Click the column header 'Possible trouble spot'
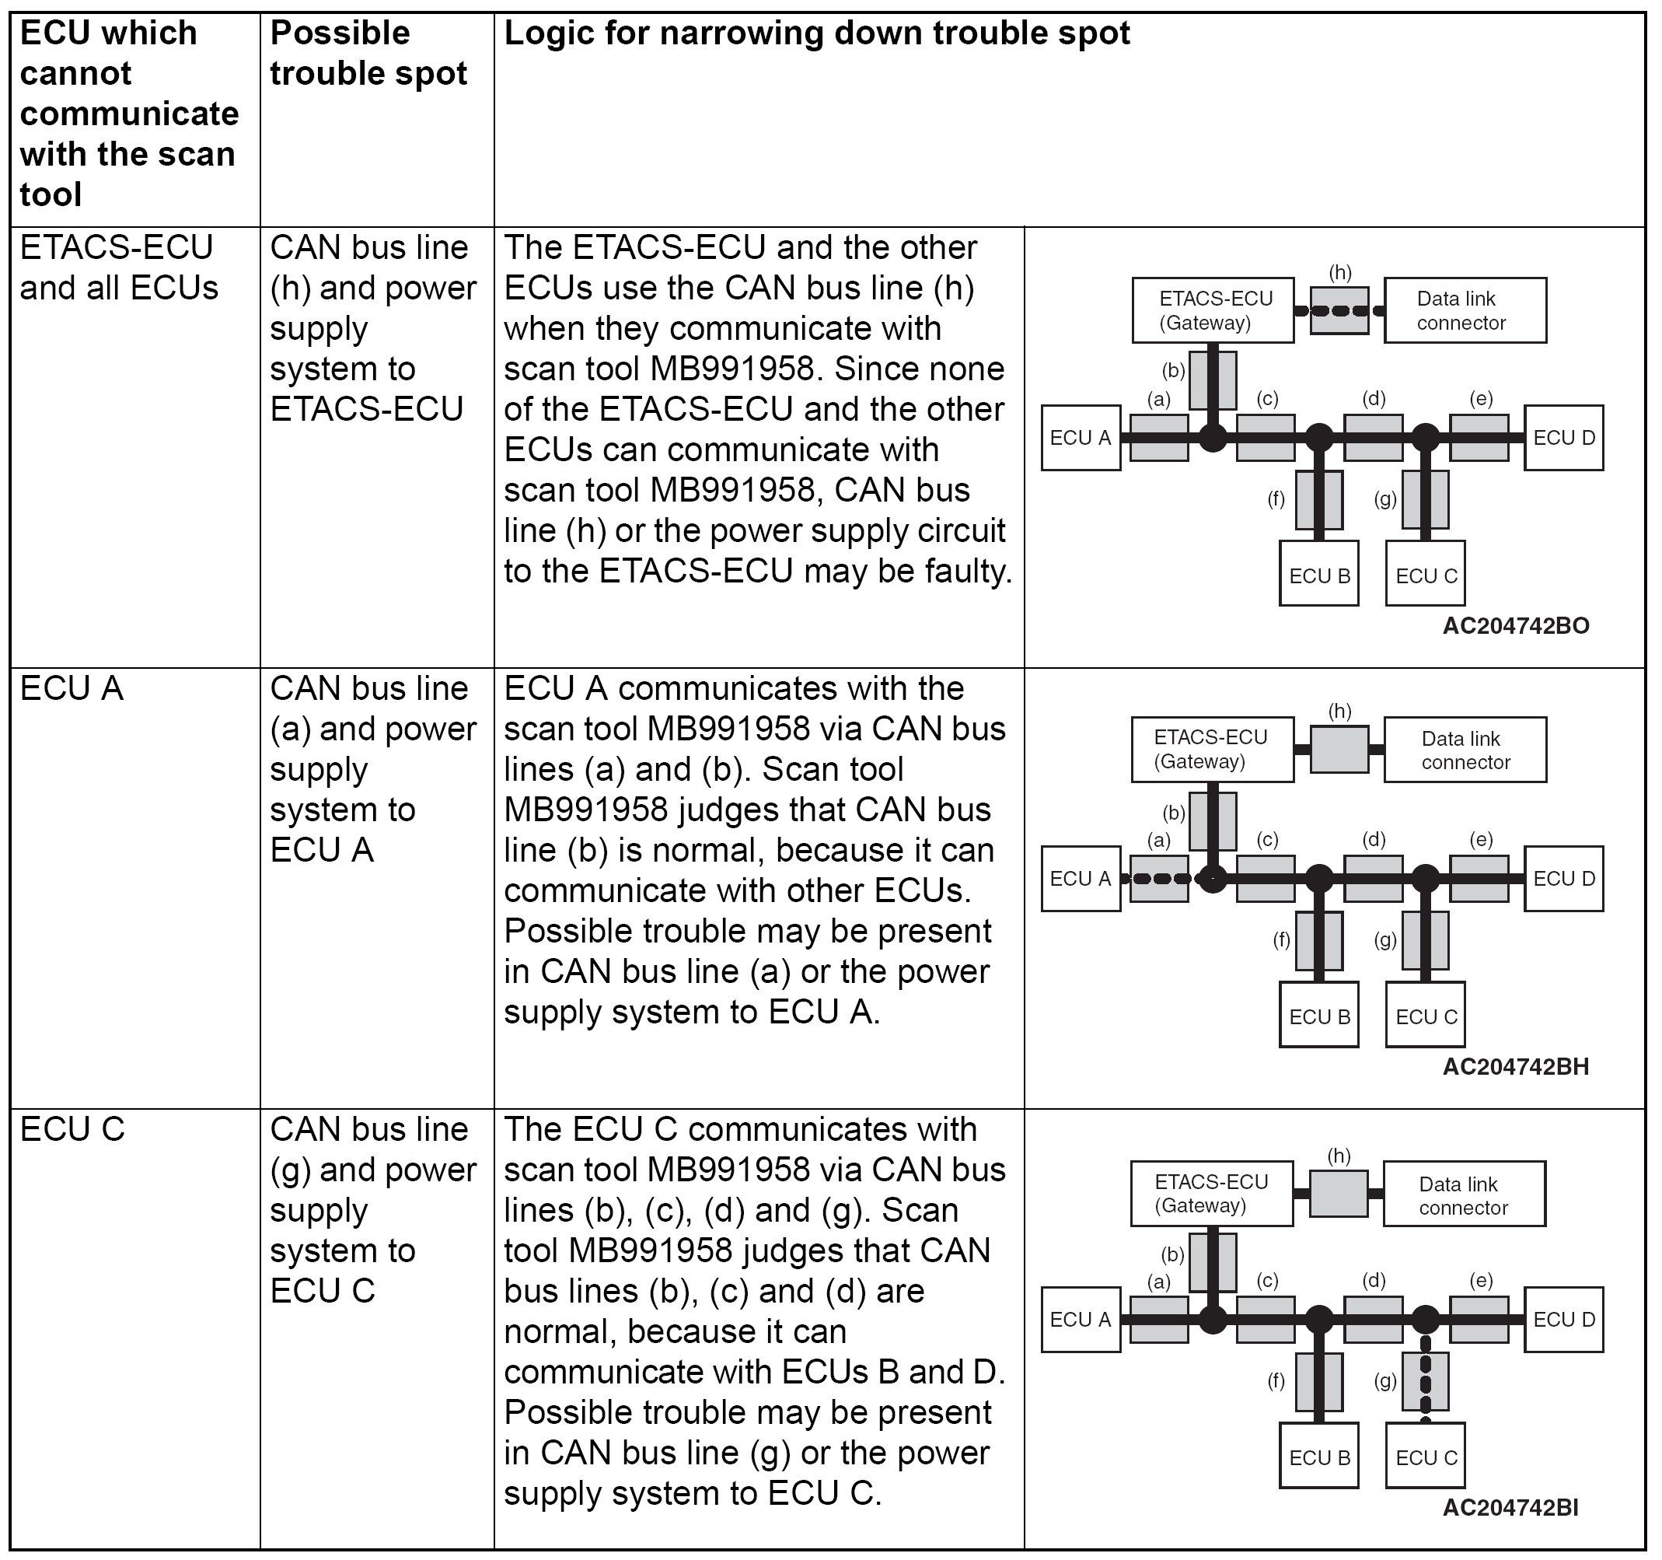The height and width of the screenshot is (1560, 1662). [368, 54]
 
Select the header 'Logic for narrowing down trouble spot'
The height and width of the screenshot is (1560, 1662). [816, 33]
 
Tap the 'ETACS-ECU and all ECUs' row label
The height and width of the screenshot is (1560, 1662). [119, 268]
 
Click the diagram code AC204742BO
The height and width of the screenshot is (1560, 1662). [1515, 626]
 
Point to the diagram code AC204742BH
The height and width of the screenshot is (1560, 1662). [1515, 1066]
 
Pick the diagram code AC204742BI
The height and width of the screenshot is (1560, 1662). [1510, 1507]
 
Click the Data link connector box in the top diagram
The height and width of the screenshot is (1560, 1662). [1464, 310]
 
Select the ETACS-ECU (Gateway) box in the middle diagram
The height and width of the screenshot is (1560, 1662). [1211, 750]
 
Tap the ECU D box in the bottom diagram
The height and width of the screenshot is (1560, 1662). [1563, 1319]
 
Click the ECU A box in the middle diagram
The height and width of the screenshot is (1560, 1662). [1080, 878]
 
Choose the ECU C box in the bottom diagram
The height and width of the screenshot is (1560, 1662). [1426, 1458]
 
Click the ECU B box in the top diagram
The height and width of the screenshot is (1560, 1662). [1318, 575]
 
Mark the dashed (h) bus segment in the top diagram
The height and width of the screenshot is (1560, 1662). [1339, 311]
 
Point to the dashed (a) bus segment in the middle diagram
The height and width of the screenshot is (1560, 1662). [1159, 879]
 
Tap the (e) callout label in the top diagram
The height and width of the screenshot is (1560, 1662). [1481, 398]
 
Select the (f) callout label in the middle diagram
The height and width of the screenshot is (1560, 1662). [1281, 940]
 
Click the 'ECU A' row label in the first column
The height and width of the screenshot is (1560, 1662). [72, 689]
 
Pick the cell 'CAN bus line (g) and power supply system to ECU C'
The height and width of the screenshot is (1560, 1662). [372, 1210]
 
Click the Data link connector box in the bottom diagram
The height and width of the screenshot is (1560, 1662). [1463, 1194]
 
